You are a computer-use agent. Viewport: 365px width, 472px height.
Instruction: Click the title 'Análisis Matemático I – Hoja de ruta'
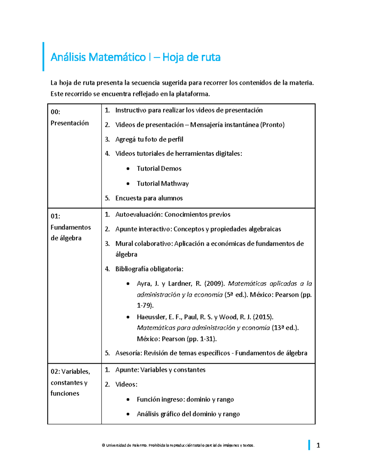(x=135, y=57)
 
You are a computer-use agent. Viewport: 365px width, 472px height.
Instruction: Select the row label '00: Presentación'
(x=70, y=118)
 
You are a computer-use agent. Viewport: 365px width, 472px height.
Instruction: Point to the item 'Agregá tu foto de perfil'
(x=149, y=140)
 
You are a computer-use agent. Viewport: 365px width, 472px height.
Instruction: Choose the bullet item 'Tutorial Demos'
(x=159, y=169)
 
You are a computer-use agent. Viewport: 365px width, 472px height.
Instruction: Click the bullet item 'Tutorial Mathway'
(x=162, y=184)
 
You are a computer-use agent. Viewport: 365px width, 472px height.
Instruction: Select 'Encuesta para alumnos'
(x=149, y=198)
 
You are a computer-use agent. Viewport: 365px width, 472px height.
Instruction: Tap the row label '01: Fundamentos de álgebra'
(x=71, y=227)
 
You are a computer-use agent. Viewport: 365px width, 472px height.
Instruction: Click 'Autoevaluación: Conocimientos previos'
(x=172, y=215)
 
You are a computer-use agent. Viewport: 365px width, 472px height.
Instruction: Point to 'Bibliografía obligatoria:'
(x=149, y=269)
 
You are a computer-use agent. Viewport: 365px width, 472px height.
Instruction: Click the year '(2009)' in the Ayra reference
(x=215, y=284)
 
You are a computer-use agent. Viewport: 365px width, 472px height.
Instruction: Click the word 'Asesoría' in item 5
(x=128, y=353)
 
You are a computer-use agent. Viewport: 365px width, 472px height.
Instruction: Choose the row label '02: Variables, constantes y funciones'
(x=70, y=382)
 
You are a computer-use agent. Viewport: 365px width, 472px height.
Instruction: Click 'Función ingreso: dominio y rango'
(x=185, y=400)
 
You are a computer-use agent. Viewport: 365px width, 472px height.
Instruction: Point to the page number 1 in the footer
(x=318, y=446)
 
